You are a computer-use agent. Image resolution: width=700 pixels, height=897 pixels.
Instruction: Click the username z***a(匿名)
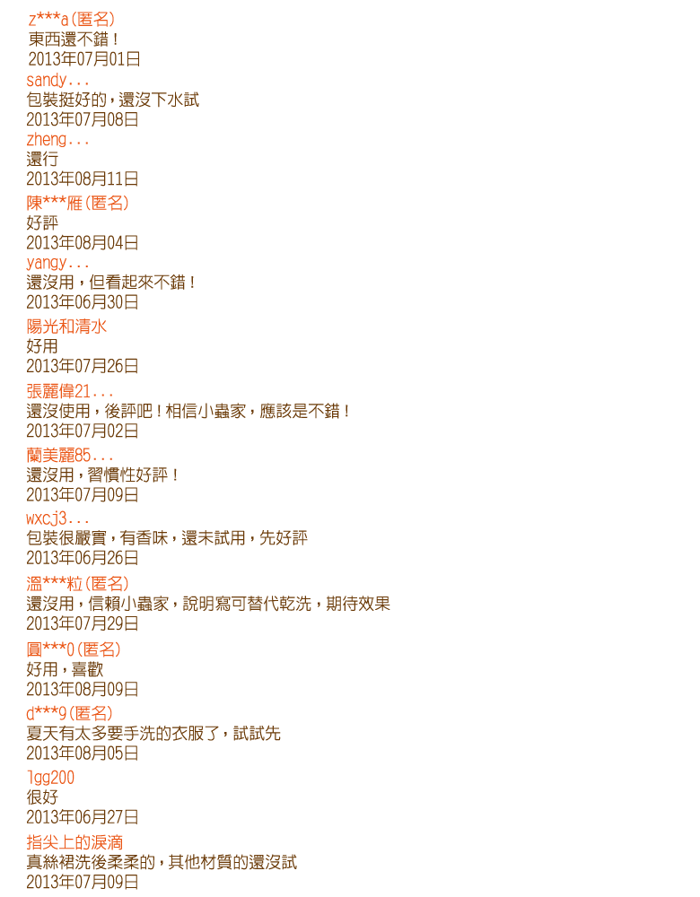pyautogui.click(x=72, y=20)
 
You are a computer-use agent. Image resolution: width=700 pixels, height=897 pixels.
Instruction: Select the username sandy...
pyautogui.click(x=57, y=80)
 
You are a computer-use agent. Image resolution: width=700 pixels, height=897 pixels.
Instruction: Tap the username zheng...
pyautogui.click(x=57, y=140)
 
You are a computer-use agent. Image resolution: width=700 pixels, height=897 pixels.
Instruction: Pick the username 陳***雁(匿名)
pyautogui.click(x=77, y=203)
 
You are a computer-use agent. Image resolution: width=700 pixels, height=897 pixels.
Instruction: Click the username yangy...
pyautogui.click(x=57, y=263)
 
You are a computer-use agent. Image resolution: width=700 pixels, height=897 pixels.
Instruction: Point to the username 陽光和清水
pyautogui.click(x=66, y=327)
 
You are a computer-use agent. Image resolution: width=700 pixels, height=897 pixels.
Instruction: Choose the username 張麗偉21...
pyautogui.click(x=70, y=391)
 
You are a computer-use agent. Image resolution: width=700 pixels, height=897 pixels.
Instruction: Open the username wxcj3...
pyautogui.click(x=57, y=518)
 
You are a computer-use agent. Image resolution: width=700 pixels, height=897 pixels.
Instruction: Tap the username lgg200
pyautogui.click(x=50, y=778)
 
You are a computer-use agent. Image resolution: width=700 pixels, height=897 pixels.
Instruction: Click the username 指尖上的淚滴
pyautogui.click(x=74, y=842)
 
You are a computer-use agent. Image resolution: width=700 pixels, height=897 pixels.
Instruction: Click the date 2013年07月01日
pyautogui.click(x=84, y=59)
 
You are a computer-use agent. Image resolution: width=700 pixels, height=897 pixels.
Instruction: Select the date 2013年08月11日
pyautogui.click(x=83, y=179)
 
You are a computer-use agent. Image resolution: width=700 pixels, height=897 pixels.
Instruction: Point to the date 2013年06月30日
pyautogui.click(x=83, y=302)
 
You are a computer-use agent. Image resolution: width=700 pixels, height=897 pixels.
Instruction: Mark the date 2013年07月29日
pyautogui.click(x=83, y=623)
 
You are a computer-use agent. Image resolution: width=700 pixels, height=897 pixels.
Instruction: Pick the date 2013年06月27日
pyautogui.click(x=83, y=817)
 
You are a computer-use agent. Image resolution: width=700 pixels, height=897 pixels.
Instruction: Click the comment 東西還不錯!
pyautogui.click(x=74, y=39)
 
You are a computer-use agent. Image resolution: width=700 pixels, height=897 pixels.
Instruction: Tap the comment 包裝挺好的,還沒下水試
pyautogui.click(x=113, y=100)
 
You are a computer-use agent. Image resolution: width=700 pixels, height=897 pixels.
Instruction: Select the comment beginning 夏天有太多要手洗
pyautogui.click(x=153, y=734)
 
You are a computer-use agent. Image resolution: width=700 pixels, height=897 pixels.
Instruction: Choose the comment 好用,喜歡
pyautogui.click(x=65, y=669)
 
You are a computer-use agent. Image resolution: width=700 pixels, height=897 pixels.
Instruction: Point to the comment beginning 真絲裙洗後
pyautogui.click(x=162, y=862)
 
